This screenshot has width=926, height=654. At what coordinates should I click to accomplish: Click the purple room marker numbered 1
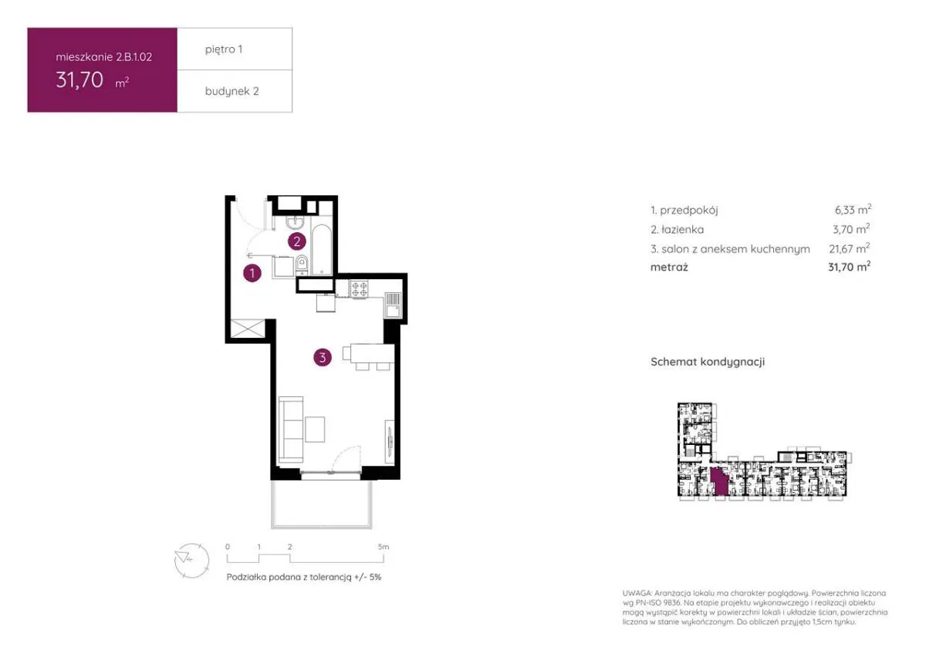(251, 272)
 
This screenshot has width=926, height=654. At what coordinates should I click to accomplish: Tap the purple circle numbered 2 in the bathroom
(296, 241)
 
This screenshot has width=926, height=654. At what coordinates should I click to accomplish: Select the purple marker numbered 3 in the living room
(323, 357)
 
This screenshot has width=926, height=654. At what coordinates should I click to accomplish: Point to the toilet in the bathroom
(302, 265)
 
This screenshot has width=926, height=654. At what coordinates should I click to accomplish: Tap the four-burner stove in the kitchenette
(360, 290)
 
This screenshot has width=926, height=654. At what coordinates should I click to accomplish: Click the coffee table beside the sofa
(315, 428)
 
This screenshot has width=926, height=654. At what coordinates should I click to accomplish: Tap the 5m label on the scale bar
(384, 546)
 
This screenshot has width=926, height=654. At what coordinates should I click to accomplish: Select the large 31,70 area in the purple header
(79, 79)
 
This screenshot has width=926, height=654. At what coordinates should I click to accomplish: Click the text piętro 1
(224, 49)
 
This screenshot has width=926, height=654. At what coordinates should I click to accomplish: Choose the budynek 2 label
(231, 91)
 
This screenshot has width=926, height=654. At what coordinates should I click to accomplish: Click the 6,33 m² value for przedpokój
(847, 210)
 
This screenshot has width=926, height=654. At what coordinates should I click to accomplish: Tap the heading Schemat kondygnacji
(707, 362)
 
